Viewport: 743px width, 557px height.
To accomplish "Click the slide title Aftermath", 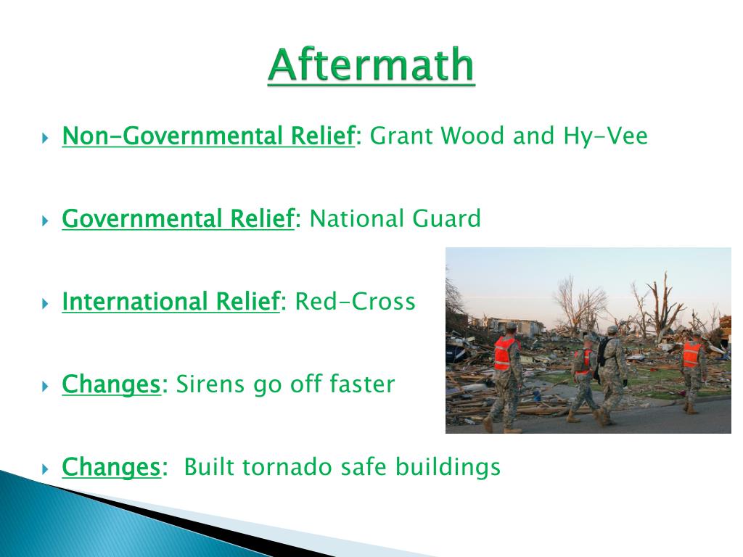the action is point(371,65).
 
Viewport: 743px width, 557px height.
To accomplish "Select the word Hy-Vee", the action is point(605,136).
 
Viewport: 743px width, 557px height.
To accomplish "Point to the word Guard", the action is point(446,218).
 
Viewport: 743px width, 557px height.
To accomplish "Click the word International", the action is point(135,301).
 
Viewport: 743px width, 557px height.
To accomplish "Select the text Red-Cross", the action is point(355,301).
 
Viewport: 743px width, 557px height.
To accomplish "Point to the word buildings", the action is point(448,467).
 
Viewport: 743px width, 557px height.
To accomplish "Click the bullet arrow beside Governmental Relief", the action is point(46,220).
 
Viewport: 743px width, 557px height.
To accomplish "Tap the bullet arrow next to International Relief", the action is point(46,303).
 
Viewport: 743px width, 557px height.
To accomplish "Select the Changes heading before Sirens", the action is point(111,384).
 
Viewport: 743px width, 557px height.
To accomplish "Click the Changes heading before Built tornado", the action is point(111,468).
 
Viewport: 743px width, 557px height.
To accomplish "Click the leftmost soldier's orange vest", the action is point(505,353).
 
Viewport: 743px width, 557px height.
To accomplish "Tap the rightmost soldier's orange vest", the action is point(691,354).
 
